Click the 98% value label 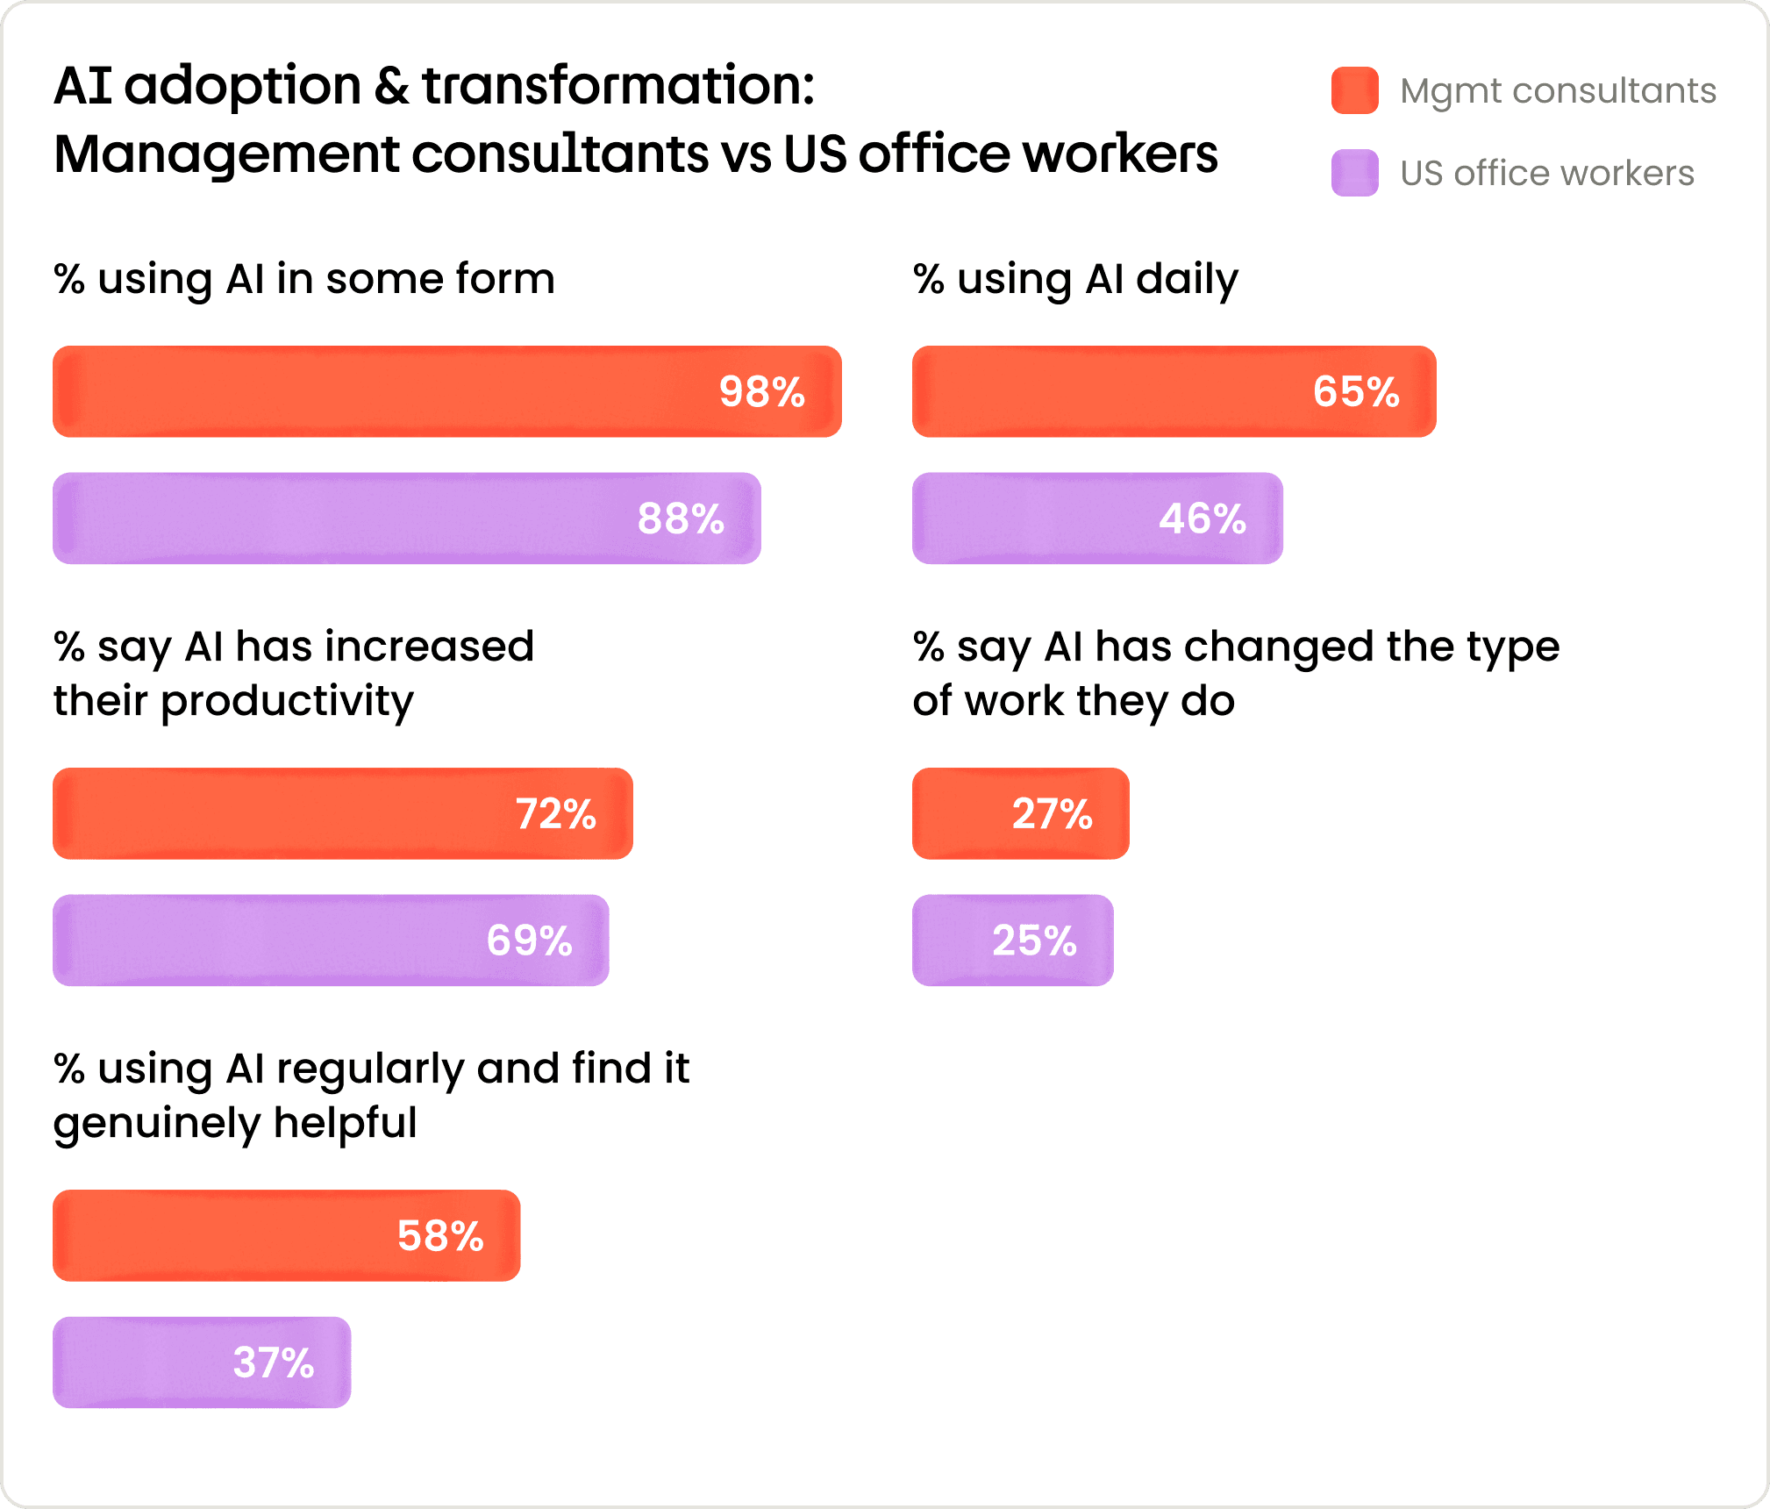(761, 391)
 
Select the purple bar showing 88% (407, 518)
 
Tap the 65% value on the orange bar (1356, 391)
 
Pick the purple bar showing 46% (1097, 518)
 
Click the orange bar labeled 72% (343, 813)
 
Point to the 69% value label (530, 940)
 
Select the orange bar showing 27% (1021, 813)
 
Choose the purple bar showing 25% (1013, 940)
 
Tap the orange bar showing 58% (287, 1235)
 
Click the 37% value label (274, 1362)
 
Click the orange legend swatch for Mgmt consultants (1355, 90)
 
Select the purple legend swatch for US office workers (1355, 173)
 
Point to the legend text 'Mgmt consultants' (1559, 91)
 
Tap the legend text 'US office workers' (1547, 173)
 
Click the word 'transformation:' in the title (618, 86)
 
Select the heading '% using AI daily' (1076, 280)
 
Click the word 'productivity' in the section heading (287, 702)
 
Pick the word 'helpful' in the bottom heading (345, 1123)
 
